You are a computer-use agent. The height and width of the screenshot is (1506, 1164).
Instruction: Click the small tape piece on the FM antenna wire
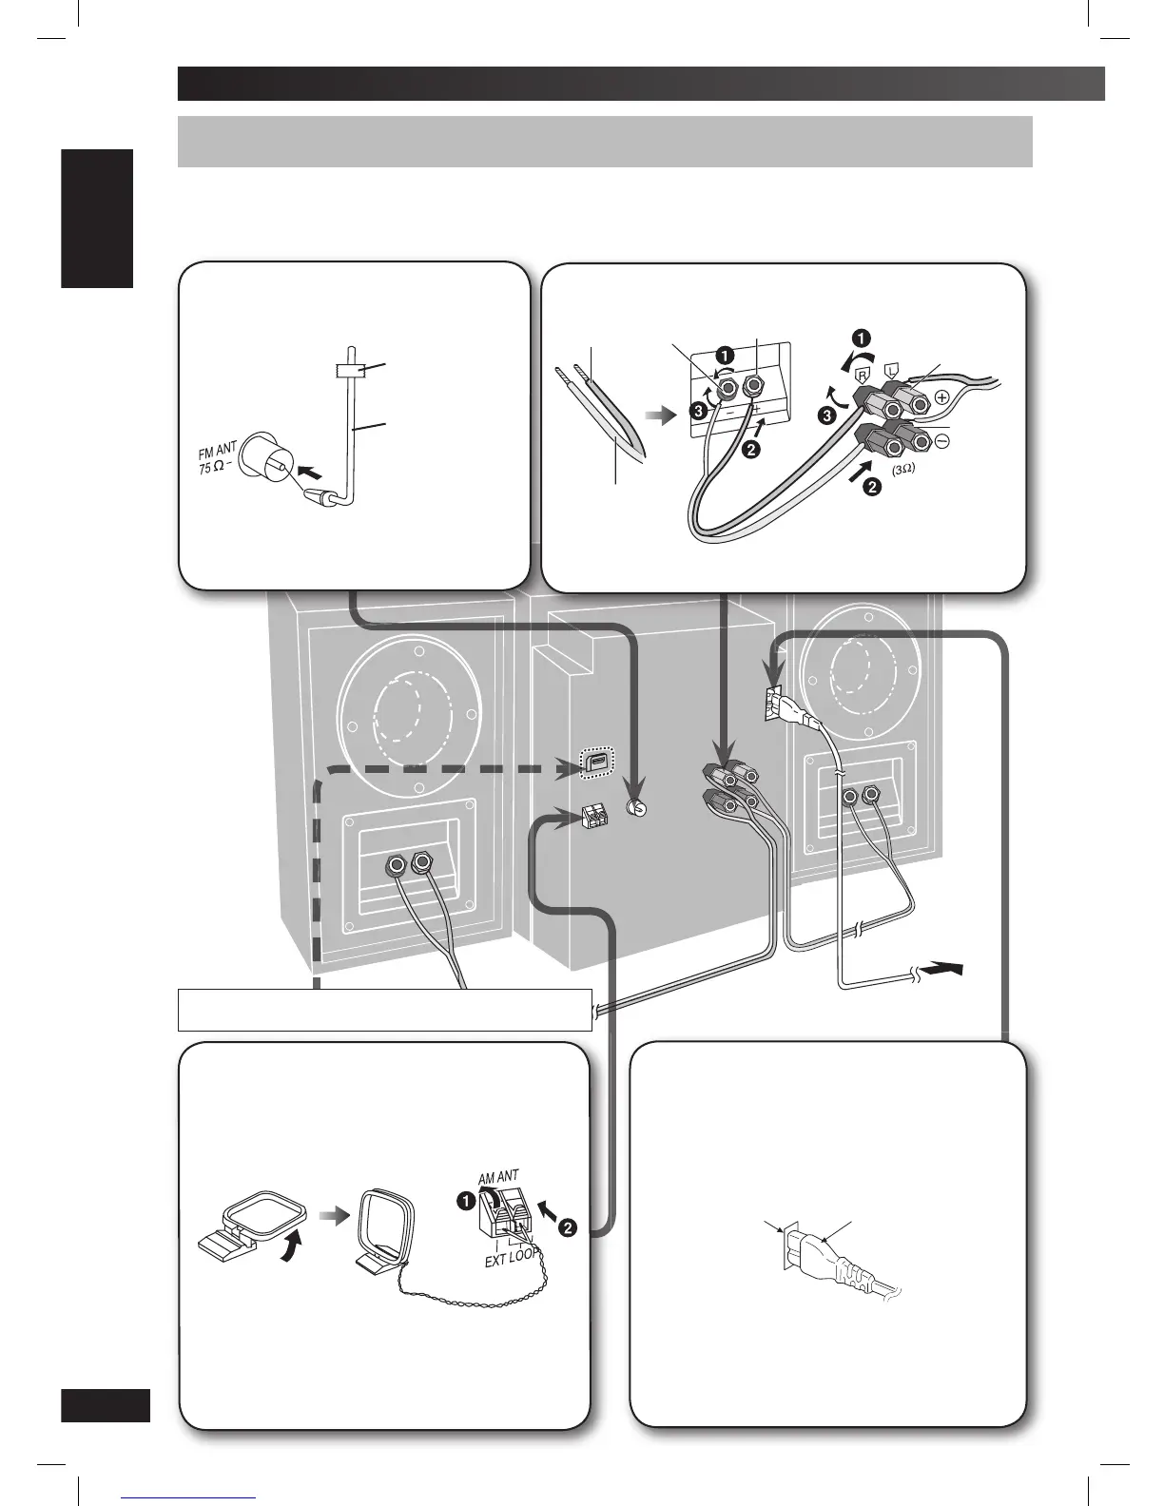tap(350, 370)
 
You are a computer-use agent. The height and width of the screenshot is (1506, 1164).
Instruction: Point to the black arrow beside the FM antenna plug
tap(311, 470)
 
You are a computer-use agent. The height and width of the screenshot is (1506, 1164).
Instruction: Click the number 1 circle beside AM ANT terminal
tap(468, 1202)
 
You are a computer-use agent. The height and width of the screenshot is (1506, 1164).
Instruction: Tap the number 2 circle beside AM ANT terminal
tap(568, 1227)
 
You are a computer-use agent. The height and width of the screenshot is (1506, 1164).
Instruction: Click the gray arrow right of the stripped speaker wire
tap(657, 415)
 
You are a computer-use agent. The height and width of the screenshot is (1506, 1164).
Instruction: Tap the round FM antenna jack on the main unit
tap(639, 808)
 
